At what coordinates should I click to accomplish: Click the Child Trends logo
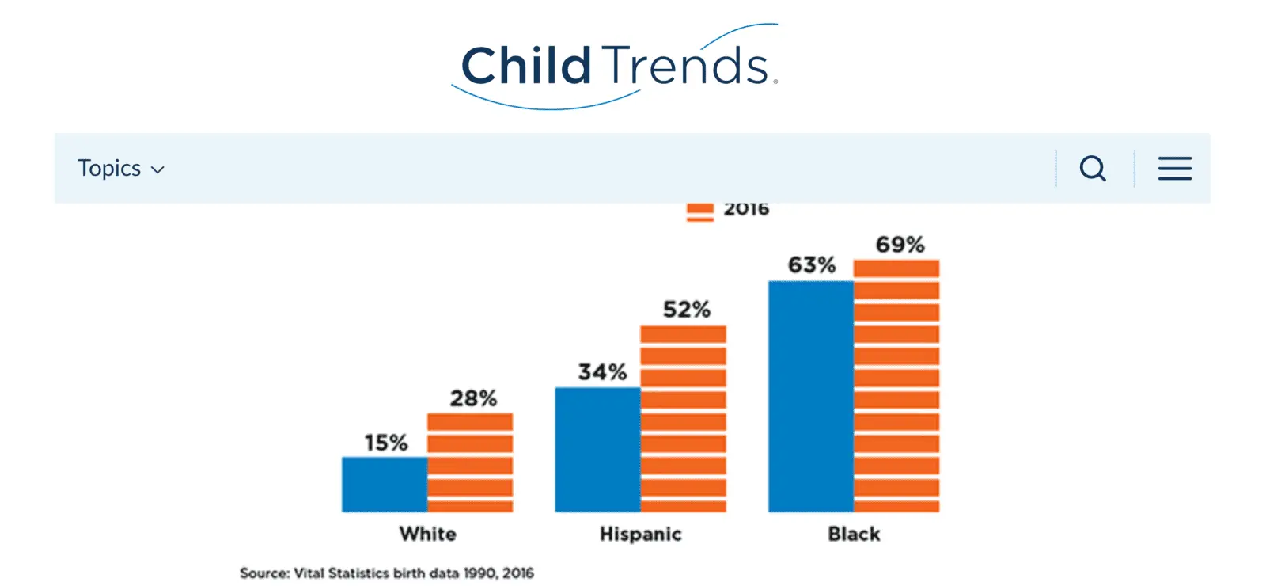point(615,67)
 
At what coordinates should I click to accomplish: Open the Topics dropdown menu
point(121,168)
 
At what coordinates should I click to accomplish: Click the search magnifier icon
point(1093,169)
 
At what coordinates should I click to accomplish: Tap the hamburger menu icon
point(1174,169)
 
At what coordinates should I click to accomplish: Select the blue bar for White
point(385,484)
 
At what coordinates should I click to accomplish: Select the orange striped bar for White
point(470,462)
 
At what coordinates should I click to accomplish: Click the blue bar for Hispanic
point(598,450)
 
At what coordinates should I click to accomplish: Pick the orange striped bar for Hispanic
point(684,419)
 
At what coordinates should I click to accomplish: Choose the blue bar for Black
point(811,397)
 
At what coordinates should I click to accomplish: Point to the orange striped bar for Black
point(897,386)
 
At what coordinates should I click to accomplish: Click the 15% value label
point(386,443)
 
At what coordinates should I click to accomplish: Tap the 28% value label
point(474,398)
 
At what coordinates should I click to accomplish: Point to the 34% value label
point(602,371)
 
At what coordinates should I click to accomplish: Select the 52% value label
point(687,310)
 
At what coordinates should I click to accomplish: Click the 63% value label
point(812,264)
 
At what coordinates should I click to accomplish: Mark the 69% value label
point(900,245)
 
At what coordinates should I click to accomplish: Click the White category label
point(428,534)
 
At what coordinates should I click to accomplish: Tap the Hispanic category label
point(641,534)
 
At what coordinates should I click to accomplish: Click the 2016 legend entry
point(728,210)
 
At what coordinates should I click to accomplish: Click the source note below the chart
point(387,573)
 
